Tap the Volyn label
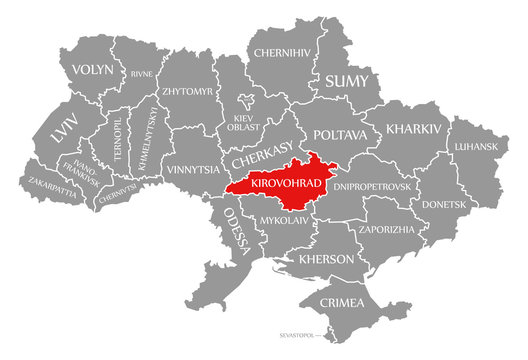pyautogui.click(x=93, y=70)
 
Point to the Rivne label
pyautogui.click(x=141, y=73)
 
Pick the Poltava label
pyautogui.click(x=340, y=134)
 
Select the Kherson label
pyautogui.click(x=327, y=259)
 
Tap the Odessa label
pyautogui.click(x=236, y=231)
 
